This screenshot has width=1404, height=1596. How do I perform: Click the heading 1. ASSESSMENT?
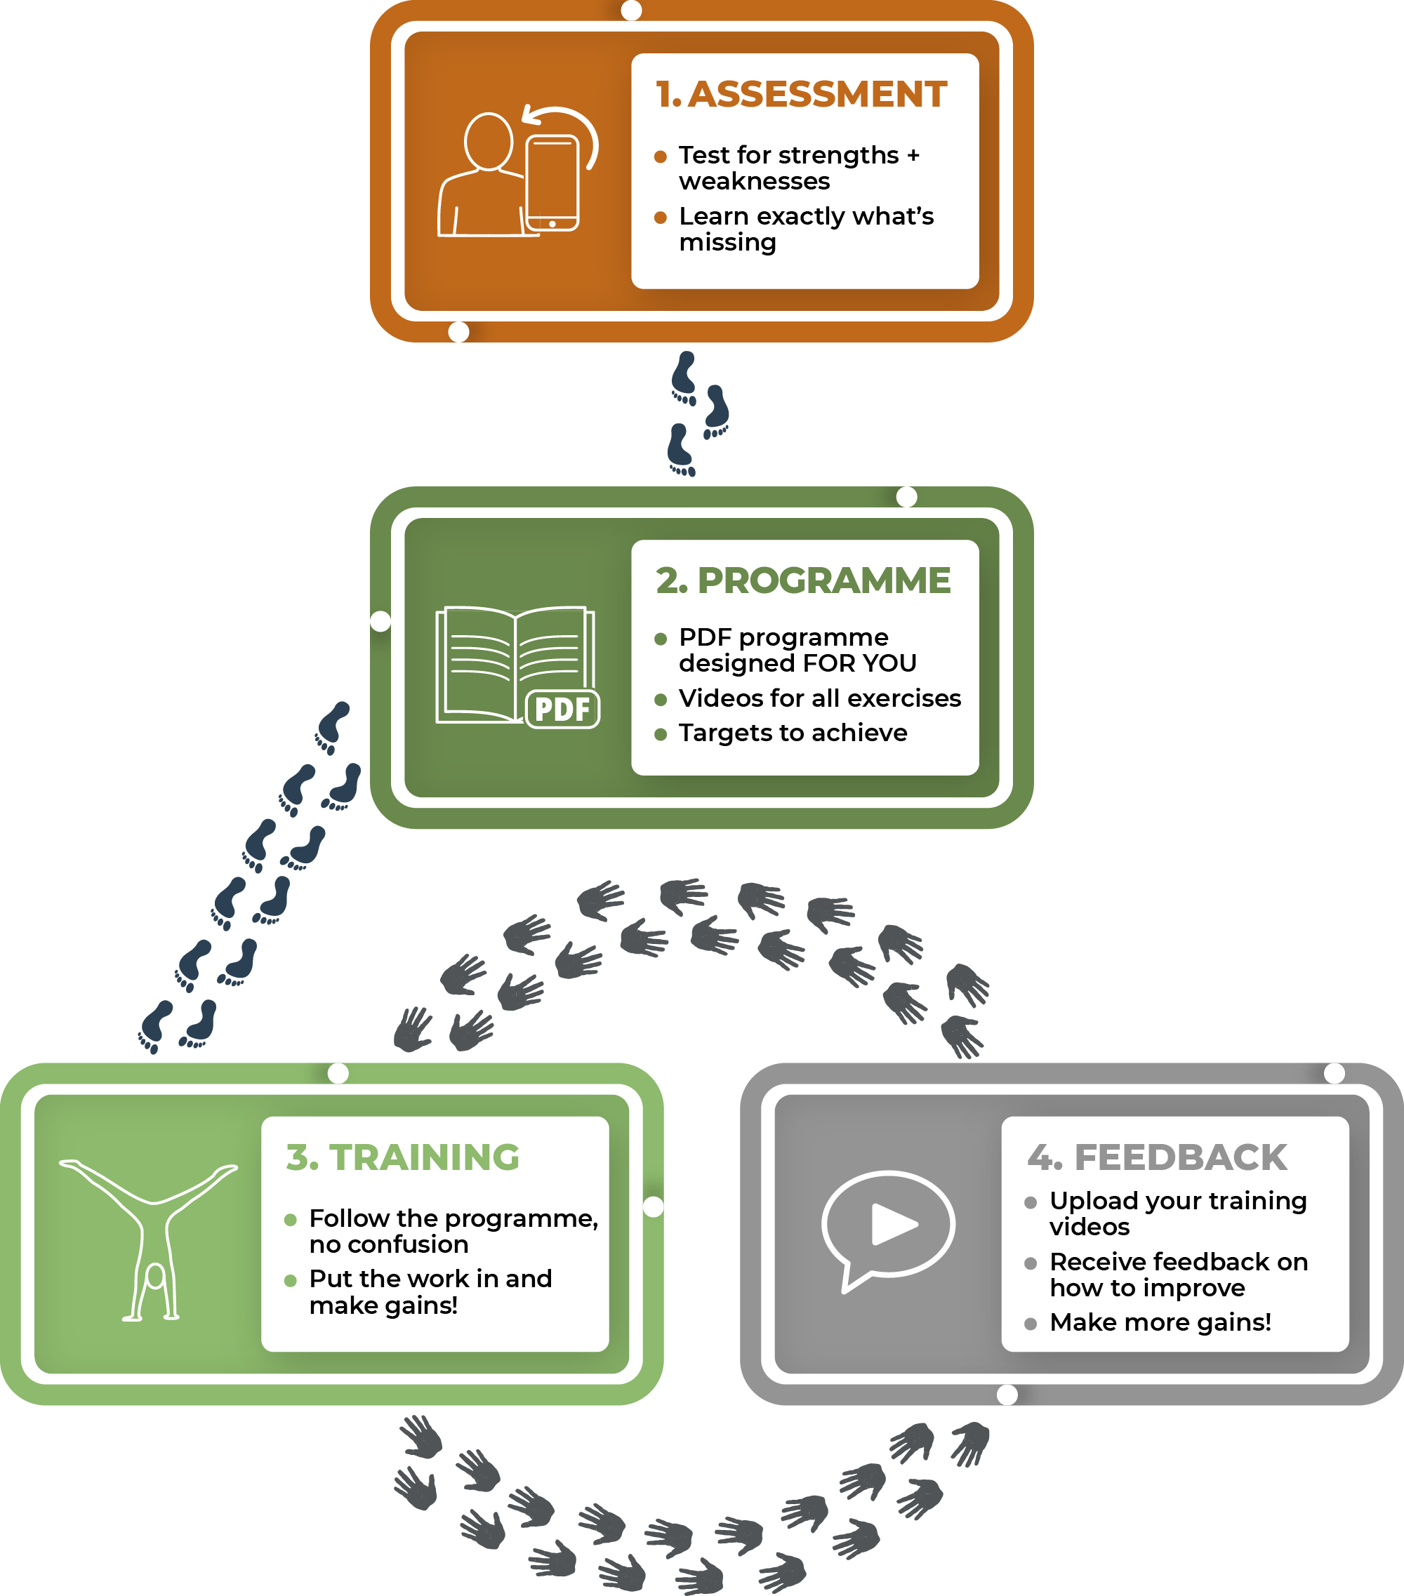[x=801, y=95]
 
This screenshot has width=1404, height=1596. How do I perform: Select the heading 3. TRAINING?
[x=402, y=1157]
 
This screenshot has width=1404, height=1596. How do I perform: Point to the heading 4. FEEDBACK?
[x=1157, y=1157]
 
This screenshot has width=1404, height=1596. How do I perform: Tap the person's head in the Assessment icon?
[x=488, y=141]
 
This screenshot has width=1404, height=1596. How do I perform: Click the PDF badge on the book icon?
[x=562, y=710]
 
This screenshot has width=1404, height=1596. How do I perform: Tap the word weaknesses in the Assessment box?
[x=755, y=181]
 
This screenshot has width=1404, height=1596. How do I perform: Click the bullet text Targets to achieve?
[x=793, y=733]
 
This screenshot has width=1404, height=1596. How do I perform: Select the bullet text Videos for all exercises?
[x=820, y=698]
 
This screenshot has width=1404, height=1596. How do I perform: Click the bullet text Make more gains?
[x=1160, y=1322]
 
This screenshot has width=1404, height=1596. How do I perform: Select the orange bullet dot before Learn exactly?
[x=661, y=217]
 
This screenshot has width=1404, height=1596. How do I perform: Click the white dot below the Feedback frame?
[x=1007, y=1395]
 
